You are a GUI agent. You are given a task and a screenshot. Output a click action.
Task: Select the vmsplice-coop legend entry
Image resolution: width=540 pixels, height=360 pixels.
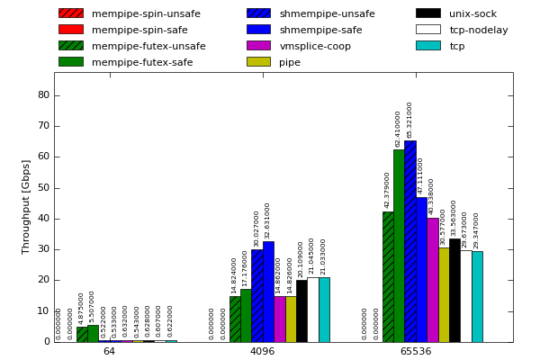coord(315,46)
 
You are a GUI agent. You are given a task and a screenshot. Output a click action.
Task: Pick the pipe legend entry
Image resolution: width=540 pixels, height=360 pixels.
coord(290,62)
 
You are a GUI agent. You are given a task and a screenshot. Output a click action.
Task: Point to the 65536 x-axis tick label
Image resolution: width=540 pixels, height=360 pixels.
coord(416,351)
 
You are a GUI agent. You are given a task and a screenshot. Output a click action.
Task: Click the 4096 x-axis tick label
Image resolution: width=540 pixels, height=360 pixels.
coord(263,351)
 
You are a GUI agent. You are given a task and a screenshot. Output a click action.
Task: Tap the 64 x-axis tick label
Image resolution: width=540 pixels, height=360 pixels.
coord(109,351)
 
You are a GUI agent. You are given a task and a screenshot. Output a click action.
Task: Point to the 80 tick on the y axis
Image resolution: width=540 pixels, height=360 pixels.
coord(44,95)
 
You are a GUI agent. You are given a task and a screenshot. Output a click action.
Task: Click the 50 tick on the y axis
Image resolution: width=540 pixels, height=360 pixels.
coord(44,188)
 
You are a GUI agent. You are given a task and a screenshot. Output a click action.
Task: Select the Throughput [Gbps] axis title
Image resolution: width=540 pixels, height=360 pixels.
coord(26,206)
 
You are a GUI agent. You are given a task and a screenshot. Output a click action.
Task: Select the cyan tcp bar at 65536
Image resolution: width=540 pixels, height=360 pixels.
coord(477,296)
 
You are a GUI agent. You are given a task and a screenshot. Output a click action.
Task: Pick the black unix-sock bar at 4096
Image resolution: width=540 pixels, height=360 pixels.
coord(301,310)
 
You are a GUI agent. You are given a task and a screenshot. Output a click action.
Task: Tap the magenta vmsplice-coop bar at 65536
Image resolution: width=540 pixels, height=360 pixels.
coord(433,280)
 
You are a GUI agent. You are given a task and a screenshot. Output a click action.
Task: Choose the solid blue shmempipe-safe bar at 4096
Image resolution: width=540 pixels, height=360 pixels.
coord(268,292)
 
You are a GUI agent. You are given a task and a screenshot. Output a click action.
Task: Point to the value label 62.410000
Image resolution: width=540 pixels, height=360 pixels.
coord(399,129)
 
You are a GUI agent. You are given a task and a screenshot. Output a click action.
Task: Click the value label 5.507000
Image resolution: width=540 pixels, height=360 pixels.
coord(93,307)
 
